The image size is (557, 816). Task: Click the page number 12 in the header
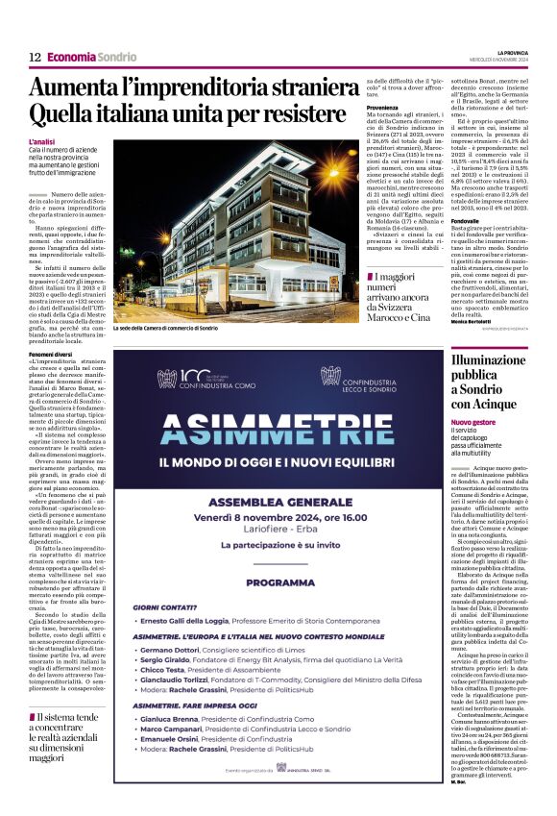coord(35,58)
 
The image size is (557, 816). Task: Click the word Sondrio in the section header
coord(117,58)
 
